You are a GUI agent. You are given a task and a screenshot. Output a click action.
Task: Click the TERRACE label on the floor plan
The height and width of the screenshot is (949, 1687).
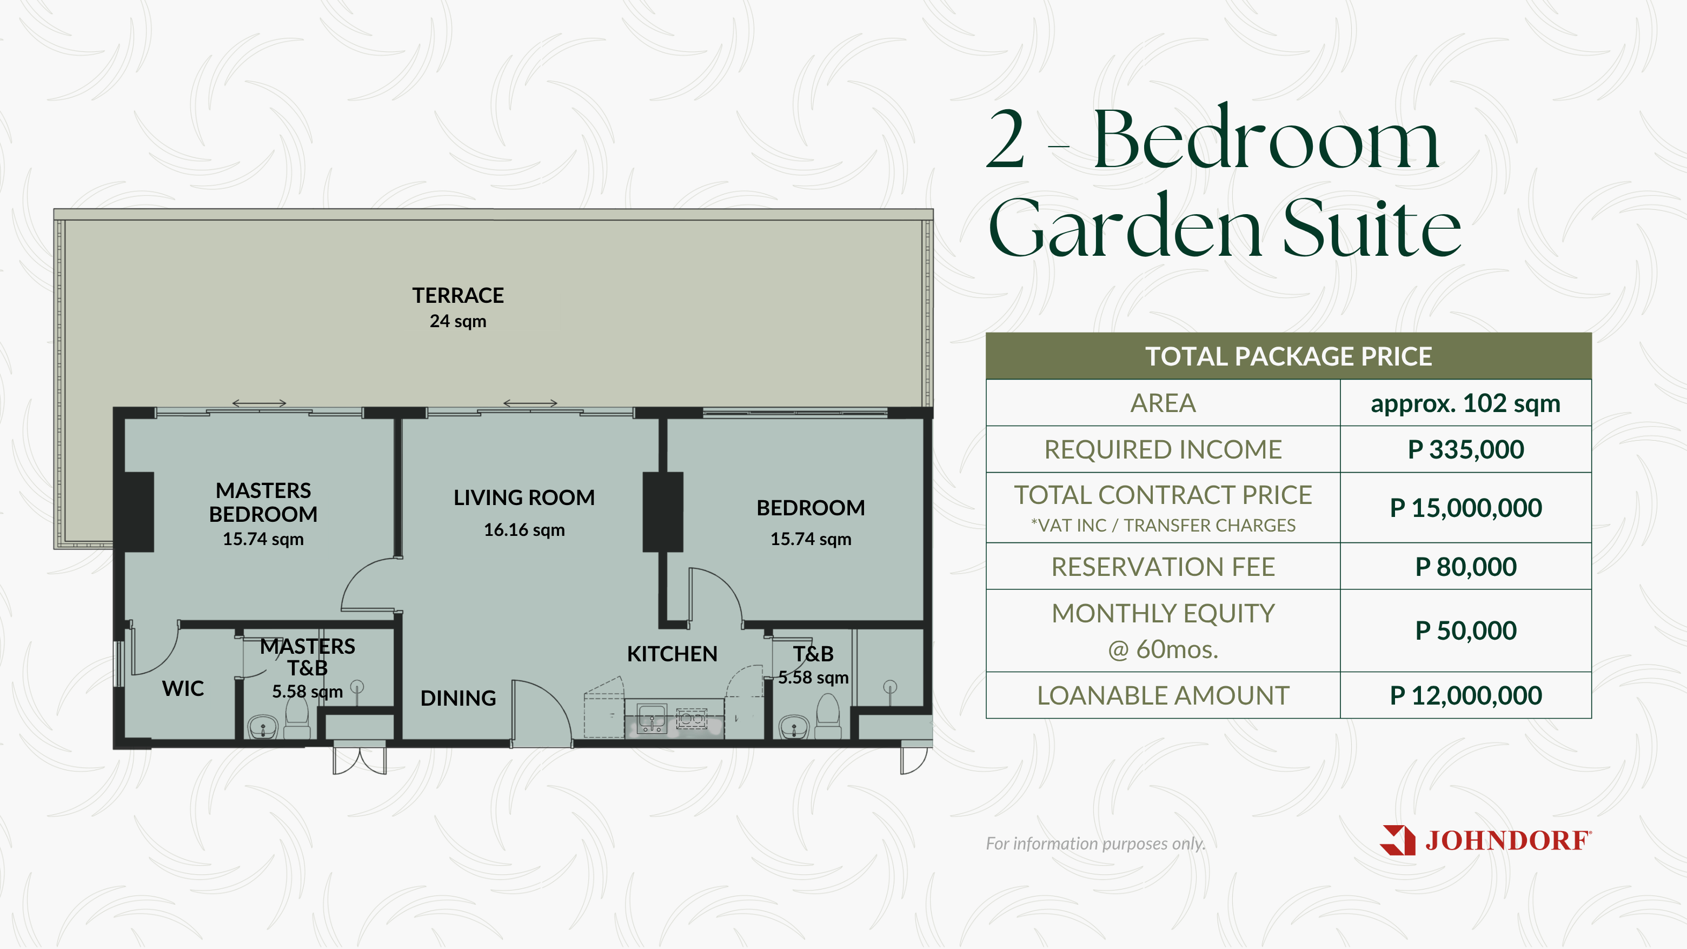pyautogui.click(x=458, y=295)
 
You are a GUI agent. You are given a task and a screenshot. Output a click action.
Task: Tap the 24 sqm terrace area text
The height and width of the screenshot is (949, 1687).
pyautogui.click(x=458, y=321)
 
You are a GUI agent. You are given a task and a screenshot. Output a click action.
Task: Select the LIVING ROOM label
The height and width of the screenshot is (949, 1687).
pyautogui.click(x=524, y=497)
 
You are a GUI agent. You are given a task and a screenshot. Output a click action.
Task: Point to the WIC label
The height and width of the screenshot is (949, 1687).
pyautogui.click(x=183, y=688)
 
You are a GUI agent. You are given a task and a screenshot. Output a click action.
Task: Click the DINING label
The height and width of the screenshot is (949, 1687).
pyautogui.click(x=458, y=698)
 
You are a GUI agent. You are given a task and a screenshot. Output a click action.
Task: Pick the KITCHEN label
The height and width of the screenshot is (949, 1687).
pyautogui.click(x=672, y=654)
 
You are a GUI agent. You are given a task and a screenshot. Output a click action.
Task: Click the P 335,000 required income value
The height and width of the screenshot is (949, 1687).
pyautogui.click(x=1466, y=449)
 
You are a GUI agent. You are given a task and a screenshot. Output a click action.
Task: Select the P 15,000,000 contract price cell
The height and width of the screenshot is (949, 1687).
pyautogui.click(x=1466, y=508)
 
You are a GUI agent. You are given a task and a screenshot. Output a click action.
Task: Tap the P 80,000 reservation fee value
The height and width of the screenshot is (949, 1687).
pyautogui.click(x=1466, y=567)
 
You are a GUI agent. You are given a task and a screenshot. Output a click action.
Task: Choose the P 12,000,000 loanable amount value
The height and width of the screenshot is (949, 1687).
pyautogui.click(x=1466, y=695)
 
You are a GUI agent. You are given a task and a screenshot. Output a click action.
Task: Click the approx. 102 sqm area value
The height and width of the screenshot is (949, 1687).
pyautogui.click(x=1466, y=403)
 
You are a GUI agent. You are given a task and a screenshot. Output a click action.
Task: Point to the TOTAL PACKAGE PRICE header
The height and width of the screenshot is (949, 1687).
pyautogui.click(x=1288, y=356)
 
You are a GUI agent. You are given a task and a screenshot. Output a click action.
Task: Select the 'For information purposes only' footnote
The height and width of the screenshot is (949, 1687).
pyautogui.click(x=1095, y=844)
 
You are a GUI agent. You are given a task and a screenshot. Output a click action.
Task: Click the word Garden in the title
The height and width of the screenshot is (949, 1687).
pyautogui.click(x=1125, y=227)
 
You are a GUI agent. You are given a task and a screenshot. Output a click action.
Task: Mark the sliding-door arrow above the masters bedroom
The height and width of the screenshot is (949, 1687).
pyautogui.click(x=260, y=403)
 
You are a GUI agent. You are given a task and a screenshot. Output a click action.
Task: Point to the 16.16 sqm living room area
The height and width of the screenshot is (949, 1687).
pyautogui.click(x=524, y=530)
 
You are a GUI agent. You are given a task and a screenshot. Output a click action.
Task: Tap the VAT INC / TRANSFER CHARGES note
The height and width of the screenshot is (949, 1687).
pyautogui.click(x=1163, y=525)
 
